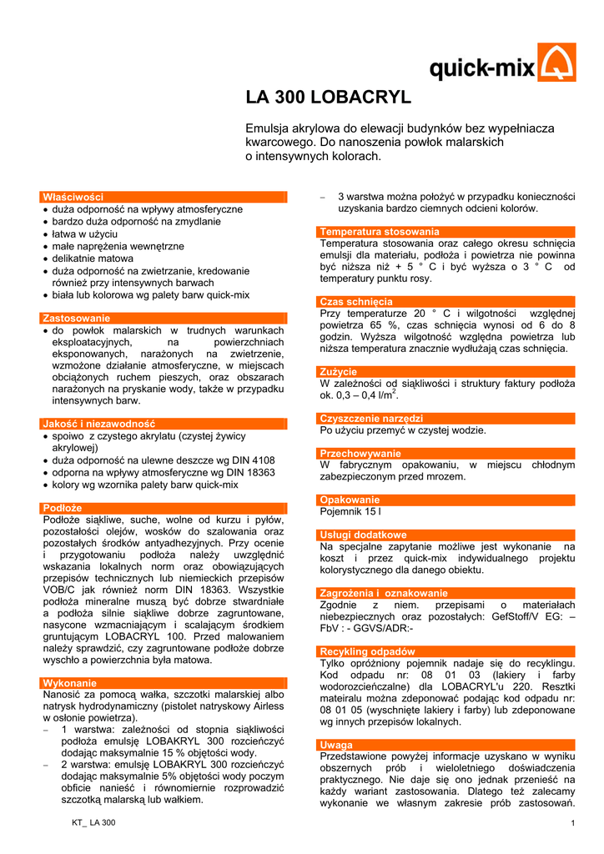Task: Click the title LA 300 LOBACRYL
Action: pos(328,98)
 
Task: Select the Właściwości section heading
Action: pos(73,197)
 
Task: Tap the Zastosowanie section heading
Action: pos(76,318)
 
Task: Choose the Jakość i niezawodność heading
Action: pos(98,424)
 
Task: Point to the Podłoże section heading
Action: pos(63,508)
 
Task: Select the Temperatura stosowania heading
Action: pos(380,231)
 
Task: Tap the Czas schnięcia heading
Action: pos(356,301)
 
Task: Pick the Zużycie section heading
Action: pos(339,371)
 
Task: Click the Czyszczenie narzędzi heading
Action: pos(371,418)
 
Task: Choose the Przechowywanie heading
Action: pos(360,453)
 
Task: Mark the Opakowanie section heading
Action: pos(350,500)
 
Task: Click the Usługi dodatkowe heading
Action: pos(364,535)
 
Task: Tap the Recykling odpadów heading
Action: pos(368,651)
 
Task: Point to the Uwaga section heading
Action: pos(336,744)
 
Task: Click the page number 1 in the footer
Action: pos(574,824)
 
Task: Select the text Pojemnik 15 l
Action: pos(351,510)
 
